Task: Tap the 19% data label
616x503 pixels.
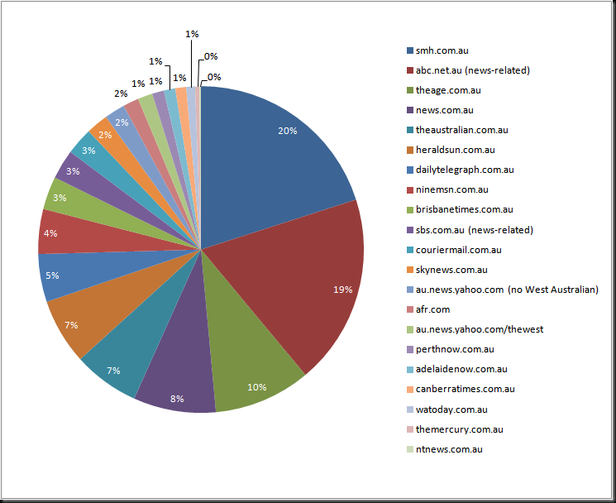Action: pos(342,290)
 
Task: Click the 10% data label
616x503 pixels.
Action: pos(256,387)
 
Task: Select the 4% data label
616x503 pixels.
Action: pos(50,233)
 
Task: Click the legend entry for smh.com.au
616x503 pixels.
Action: pos(437,50)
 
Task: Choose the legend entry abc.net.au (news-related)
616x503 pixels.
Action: pos(468,70)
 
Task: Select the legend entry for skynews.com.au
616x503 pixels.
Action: pos(447,270)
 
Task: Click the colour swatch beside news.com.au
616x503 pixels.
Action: pos(410,110)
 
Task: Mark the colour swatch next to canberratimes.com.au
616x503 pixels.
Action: pos(410,390)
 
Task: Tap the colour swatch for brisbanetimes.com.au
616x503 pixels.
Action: pos(410,210)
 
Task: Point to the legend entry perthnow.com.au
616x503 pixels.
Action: pos(451,349)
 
